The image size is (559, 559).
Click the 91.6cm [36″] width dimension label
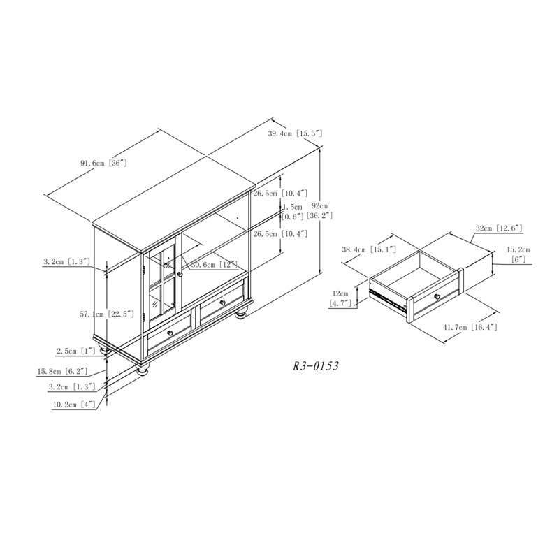(x=103, y=163)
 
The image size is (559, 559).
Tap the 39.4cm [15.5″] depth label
(x=295, y=133)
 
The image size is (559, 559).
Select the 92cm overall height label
(x=319, y=205)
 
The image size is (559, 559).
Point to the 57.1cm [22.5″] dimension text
(x=107, y=314)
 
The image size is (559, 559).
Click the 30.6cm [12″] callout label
(x=215, y=265)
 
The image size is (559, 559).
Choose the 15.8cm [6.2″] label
(x=62, y=372)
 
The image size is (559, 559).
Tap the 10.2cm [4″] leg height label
(x=74, y=405)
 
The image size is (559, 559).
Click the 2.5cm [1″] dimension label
(x=76, y=351)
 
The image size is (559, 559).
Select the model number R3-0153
(x=316, y=366)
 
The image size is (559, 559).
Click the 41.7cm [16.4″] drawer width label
(x=470, y=327)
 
